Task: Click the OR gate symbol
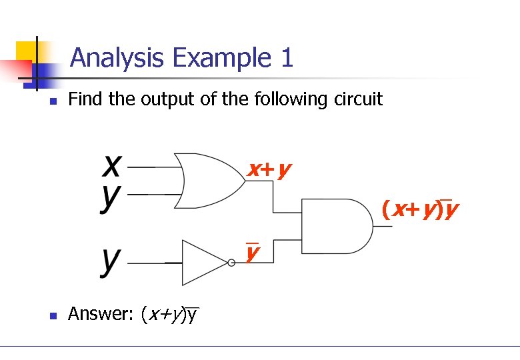coord(210,181)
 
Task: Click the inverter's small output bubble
coord(231,263)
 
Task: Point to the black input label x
coord(111,163)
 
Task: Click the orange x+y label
coord(269,170)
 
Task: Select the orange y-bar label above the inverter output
coord(252,253)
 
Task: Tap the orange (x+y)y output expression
coord(420,210)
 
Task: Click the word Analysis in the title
coord(117,58)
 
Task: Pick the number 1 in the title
coord(286,58)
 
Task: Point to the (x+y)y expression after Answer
coord(170,314)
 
